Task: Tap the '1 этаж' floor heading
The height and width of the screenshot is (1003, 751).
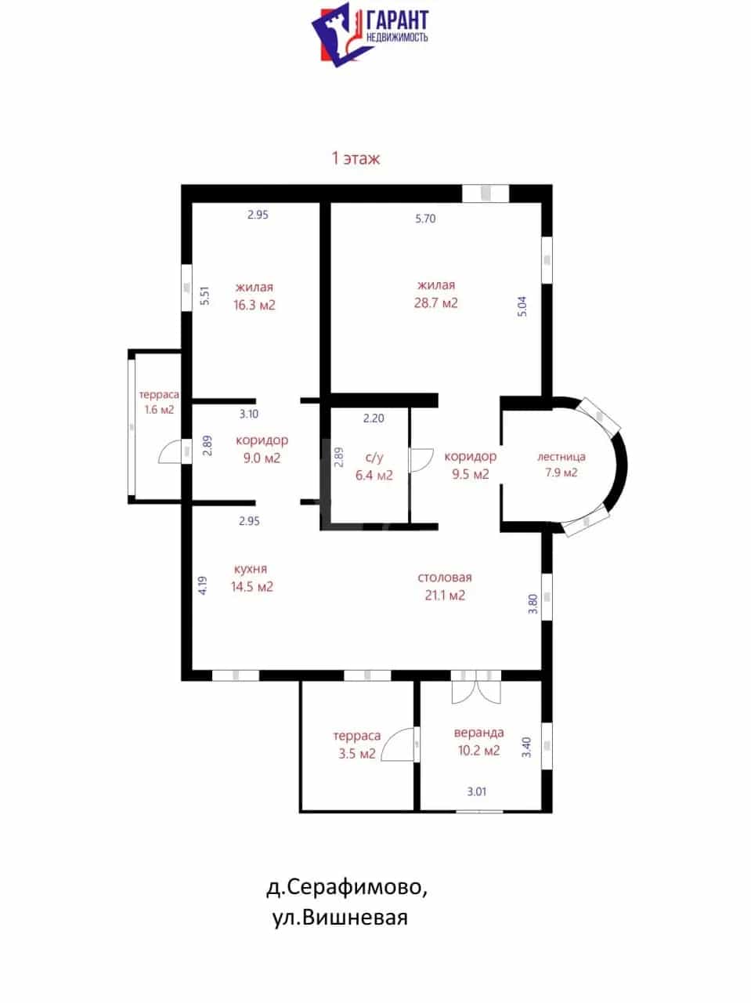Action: (x=356, y=158)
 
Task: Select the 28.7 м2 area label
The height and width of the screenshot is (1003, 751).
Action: (x=435, y=303)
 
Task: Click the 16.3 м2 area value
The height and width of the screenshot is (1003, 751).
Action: (x=255, y=305)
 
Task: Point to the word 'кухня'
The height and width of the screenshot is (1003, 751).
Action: (x=250, y=569)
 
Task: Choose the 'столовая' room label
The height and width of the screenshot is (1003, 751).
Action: (x=444, y=578)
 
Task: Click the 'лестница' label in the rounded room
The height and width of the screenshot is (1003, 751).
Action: (x=561, y=457)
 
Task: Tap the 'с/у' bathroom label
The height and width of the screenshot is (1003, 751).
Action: (x=374, y=458)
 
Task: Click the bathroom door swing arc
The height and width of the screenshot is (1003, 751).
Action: (x=422, y=460)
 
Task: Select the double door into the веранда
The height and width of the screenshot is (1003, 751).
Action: (x=476, y=692)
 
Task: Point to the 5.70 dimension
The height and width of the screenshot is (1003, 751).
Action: (x=425, y=219)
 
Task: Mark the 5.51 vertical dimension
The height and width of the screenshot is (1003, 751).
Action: (x=205, y=295)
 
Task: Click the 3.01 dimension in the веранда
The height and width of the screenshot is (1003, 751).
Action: (x=476, y=792)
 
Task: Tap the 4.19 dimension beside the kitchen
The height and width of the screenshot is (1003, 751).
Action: (x=203, y=585)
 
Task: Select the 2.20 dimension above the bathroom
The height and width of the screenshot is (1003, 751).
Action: (x=374, y=418)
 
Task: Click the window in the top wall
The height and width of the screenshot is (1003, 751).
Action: (x=486, y=194)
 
